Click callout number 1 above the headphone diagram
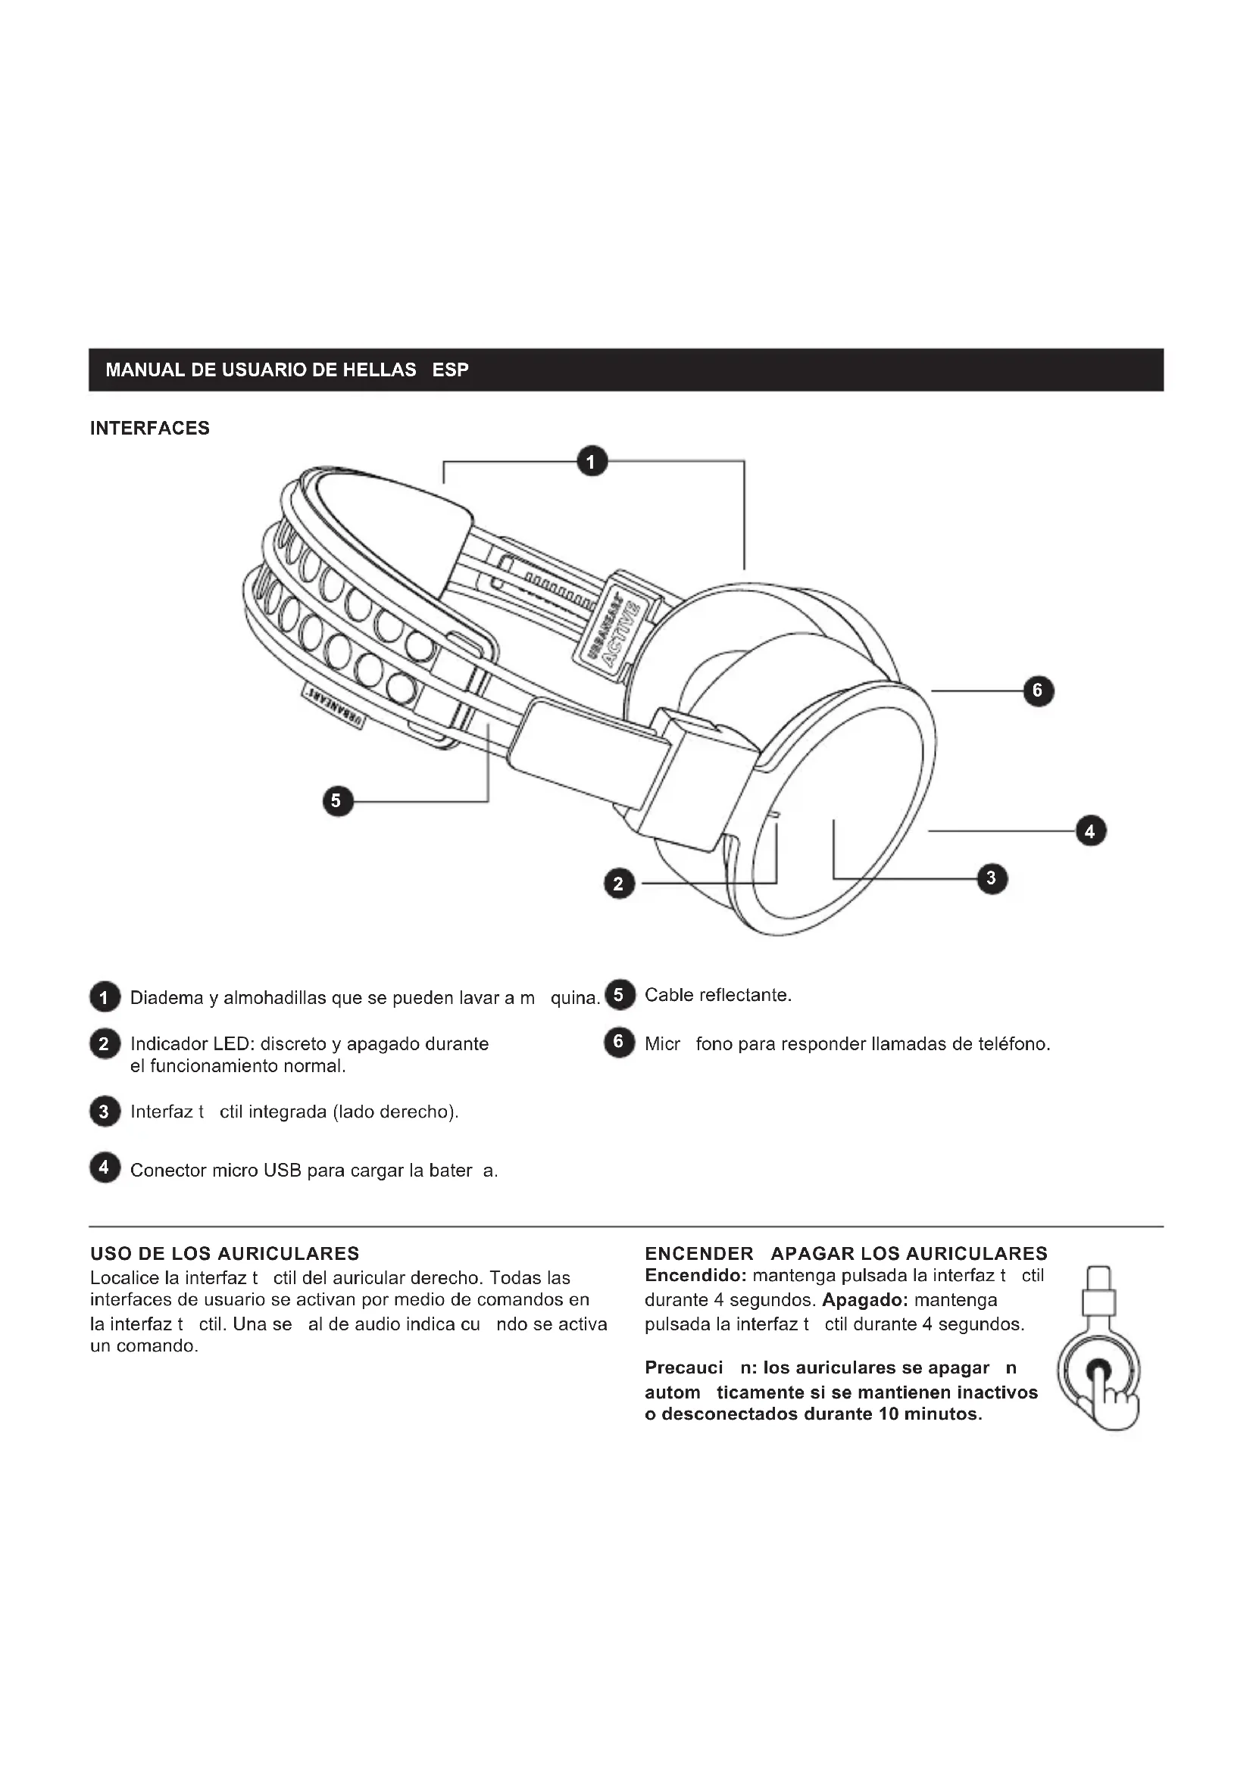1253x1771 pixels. pyautogui.click(x=592, y=461)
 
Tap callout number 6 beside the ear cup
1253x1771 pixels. pyautogui.click(x=1038, y=691)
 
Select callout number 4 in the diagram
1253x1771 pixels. pyautogui.click(x=1090, y=831)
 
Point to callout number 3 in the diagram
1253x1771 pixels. pyautogui.click(x=992, y=878)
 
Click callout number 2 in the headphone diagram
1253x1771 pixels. pyautogui.click(x=619, y=884)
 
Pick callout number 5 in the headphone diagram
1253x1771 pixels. pyautogui.click(x=337, y=801)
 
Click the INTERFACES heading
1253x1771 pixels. pyautogui.click(x=150, y=428)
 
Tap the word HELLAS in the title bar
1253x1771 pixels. pyautogui.click(x=379, y=369)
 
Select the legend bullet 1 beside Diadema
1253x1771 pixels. pyautogui.click(x=105, y=997)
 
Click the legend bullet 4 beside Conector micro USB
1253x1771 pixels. pyautogui.click(x=105, y=1168)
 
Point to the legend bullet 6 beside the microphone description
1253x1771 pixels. pyautogui.click(x=619, y=1043)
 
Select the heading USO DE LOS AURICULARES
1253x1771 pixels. pyautogui.click(x=224, y=1253)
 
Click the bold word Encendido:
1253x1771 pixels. pyautogui.click(x=695, y=1276)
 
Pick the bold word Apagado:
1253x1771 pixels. pyautogui.click(x=864, y=1300)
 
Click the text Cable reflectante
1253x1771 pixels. pyautogui.click(x=717, y=995)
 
